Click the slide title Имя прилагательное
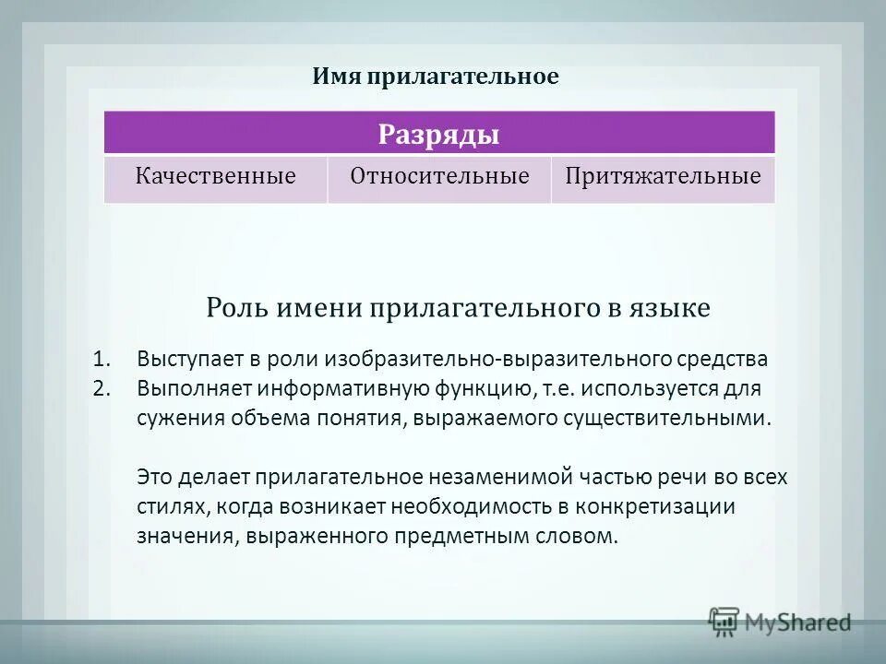coord(435,77)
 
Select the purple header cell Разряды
coord(438,135)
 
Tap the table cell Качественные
coord(216,176)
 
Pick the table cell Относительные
coord(439,176)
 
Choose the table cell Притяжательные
coord(663,176)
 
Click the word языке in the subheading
coord(671,308)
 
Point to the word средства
coord(723,358)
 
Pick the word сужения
coord(176,417)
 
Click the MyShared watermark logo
coord(779,622)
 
